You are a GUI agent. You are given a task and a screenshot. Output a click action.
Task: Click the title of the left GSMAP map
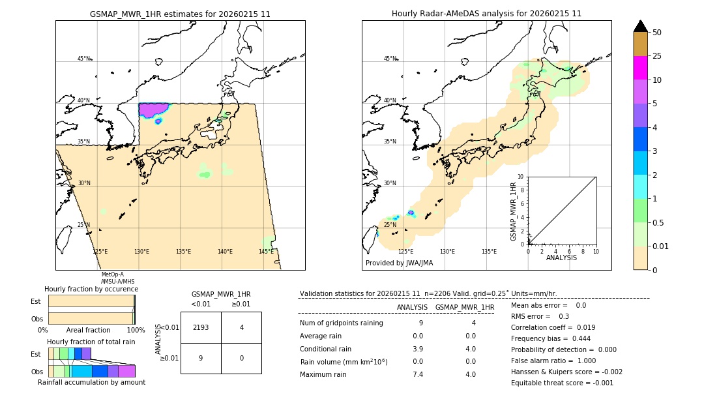[x=180, y=14]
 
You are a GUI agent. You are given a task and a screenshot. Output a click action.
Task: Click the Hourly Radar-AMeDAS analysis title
[x=486, y=14]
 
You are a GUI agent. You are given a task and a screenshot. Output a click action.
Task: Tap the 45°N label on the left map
[x=83, y=59]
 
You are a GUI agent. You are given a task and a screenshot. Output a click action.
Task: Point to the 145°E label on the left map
[x=266, y=252]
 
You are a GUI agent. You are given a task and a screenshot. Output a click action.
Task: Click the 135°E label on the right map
[x=489, y=252]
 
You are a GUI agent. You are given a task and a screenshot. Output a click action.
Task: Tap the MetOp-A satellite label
[x=112, y=274]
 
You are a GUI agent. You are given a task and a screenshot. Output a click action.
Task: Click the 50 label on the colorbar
[x=657, y=33]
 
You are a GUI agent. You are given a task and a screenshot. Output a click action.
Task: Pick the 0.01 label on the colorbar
[x=661, y=246]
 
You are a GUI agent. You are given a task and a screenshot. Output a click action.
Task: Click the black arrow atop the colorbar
[x=641, y=26]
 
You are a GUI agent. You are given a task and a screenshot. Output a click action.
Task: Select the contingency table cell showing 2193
[x=201, y=327]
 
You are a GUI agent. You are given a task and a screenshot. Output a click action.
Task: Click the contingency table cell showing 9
[x=201, y=358]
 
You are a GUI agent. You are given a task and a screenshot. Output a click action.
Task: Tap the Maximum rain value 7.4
[x=418, y=374]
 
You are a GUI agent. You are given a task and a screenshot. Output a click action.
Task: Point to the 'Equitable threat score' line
[x=562, y=383]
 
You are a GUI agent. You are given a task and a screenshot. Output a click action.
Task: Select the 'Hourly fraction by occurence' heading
[x=91, y=289]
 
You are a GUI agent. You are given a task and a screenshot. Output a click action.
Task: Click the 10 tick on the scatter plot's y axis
[x=521, y=177]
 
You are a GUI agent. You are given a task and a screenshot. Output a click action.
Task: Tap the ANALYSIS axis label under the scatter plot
[x=561, y=258]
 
